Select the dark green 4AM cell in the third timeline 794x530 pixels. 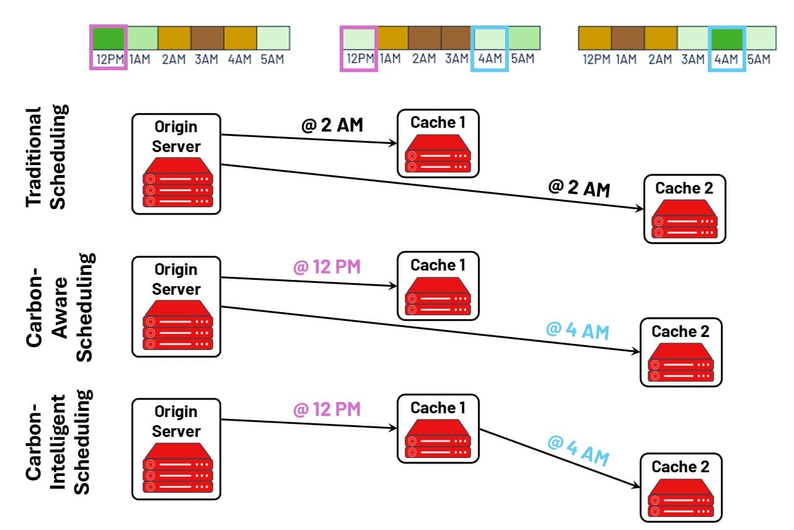pos(726,38)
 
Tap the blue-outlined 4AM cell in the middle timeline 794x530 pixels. pos(490,38)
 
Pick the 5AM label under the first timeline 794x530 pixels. pos(273,60)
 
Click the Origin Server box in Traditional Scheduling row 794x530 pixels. pos(177,164)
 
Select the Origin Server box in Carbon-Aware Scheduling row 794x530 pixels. pos(177,307)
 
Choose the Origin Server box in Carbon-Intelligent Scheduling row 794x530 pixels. pos(177,449)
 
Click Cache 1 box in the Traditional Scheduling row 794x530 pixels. pos(438,143)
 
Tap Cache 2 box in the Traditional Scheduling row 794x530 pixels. pos(684,209)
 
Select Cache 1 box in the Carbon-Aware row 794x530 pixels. pos(438,286)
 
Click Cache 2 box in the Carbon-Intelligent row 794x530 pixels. pos(681,488)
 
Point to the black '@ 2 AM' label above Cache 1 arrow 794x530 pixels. pos(332,126)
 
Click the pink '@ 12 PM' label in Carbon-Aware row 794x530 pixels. pos(327,267)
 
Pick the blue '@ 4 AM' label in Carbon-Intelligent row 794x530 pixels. pos(578,451)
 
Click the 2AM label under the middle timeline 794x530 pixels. pos(424,59)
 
